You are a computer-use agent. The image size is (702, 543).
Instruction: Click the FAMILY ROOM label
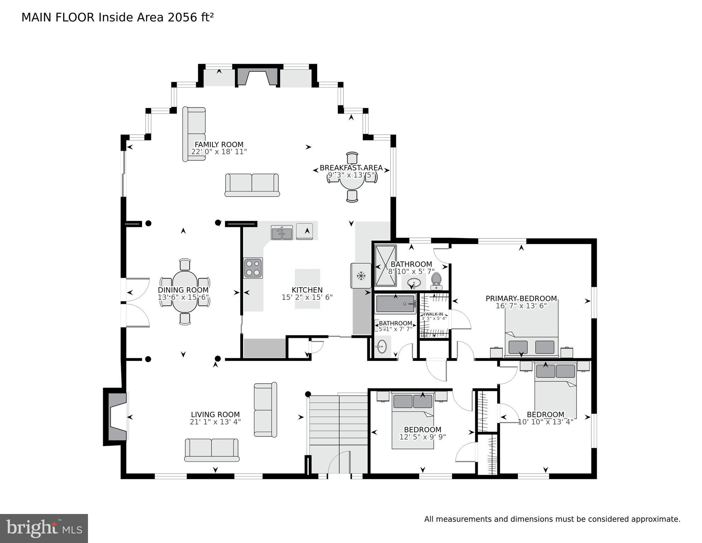[219, 144]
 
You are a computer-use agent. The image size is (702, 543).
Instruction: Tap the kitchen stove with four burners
[253, 268]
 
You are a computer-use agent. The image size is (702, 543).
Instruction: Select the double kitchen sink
[282, 233]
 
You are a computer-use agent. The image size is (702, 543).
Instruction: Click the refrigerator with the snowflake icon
[361, 276]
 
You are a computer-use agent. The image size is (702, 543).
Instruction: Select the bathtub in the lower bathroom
[395, 304]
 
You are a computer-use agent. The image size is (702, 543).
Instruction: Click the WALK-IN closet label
[434, 314]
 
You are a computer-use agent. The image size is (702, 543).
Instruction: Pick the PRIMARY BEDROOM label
[521, 299]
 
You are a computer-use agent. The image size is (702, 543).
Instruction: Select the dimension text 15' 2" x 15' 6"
[307, 298]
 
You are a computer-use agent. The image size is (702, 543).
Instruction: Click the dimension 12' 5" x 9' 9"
[423, 437]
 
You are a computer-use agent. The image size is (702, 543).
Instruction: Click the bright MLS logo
[44, 528]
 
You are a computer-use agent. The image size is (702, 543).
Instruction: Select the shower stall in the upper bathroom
[385, 265]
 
